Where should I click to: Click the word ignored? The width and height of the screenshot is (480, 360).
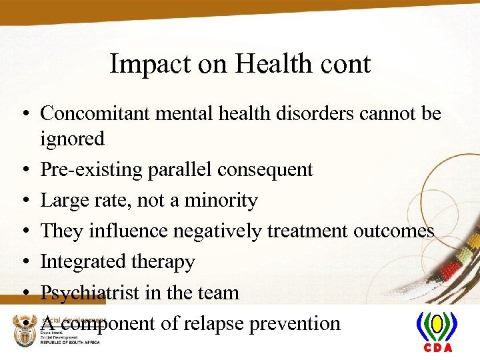pos(73,139)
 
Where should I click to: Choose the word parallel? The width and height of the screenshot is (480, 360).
pos(175,170)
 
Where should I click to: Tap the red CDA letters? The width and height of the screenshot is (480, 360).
pos(437,348)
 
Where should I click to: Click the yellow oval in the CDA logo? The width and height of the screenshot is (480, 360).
pos(437,325)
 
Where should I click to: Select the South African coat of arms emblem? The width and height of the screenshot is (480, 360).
pos(25,330)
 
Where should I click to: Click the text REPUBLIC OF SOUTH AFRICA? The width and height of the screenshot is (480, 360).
pos(70,342)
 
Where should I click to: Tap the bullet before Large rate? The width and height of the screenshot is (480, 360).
pos(25,201)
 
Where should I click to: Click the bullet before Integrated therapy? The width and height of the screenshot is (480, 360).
pos(25,262)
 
